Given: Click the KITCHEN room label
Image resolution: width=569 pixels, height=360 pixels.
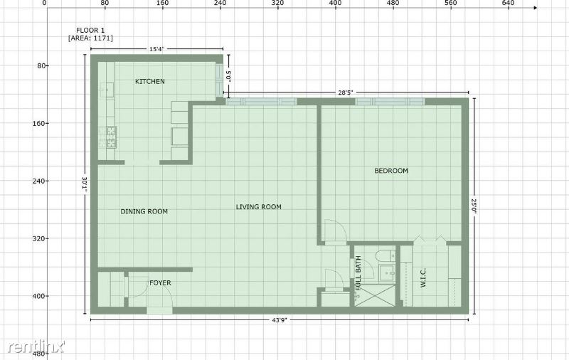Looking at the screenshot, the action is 150,81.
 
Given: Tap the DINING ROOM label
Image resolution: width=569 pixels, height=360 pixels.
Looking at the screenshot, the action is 144,211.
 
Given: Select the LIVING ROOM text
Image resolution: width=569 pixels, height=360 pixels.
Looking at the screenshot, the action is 258,207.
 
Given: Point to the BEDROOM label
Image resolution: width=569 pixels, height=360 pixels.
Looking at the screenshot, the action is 390,171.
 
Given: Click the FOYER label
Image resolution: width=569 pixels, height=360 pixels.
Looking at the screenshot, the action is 160,282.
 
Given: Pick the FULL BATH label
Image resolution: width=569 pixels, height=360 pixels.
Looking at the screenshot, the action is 358,273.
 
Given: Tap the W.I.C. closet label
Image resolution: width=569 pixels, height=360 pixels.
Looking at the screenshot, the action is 423,278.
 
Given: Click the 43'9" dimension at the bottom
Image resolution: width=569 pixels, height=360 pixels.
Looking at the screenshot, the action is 279,320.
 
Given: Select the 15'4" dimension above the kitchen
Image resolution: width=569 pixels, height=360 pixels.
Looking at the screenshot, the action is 156,49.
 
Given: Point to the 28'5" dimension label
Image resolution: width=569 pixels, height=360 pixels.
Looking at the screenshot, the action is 346,92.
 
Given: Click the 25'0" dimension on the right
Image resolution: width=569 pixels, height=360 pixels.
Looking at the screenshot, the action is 474,206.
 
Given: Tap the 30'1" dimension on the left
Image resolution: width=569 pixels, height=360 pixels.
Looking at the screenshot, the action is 85,184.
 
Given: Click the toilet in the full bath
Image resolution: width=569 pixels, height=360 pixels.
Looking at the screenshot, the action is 385,255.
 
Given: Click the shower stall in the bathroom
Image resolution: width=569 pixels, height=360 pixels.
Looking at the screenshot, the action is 375,295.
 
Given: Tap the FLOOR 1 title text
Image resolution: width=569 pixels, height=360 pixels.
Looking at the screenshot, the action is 90,31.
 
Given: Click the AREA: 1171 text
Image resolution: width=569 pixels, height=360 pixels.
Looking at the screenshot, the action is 90,38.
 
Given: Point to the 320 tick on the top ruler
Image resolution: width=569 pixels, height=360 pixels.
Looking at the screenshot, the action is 277,3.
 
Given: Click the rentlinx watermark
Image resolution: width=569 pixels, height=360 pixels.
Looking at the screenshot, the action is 36,346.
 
